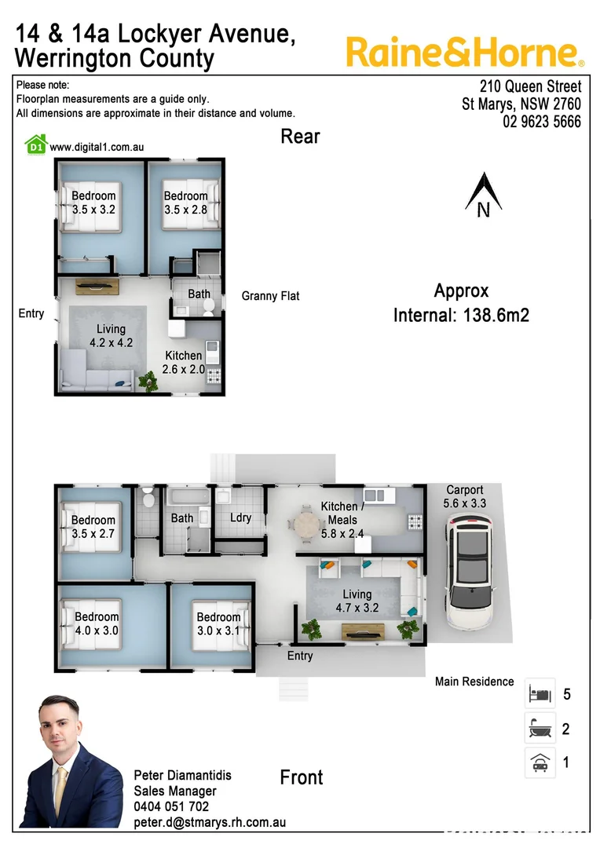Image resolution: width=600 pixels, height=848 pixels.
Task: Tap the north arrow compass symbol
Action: click(483, 196)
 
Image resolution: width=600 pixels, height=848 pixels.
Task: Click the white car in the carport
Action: click(469, 572)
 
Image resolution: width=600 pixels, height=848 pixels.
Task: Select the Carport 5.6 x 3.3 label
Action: click(465, 496)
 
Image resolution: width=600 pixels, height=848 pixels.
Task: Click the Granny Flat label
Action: click(270, 296)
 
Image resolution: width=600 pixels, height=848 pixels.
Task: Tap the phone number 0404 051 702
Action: click(171, 806)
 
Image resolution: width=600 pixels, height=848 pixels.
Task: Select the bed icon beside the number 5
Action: click(540, 694)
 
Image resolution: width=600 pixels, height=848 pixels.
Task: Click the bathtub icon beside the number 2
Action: click(540, 729)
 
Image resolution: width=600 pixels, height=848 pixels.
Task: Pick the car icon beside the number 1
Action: click(540, 762)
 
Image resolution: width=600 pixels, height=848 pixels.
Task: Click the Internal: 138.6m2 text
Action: click(461, 316)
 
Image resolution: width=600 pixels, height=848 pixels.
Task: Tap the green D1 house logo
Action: click(35, 144)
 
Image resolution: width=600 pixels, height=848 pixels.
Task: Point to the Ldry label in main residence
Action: click(240, 518)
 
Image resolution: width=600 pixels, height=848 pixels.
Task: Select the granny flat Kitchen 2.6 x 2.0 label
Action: click(183, 362)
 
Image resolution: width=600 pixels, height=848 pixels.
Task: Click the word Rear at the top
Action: click(300, 137)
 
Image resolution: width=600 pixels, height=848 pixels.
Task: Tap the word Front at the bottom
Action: click(302, 777)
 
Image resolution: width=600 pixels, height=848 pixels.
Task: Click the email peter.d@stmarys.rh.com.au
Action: click(209, 822)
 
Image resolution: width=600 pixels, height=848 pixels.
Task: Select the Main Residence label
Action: click(474, 682)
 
